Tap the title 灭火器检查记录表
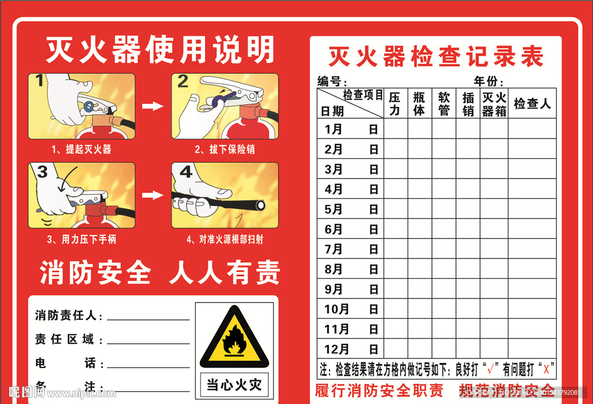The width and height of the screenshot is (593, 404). (x=435, y=57)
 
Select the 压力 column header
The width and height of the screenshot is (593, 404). (x=395, y=103)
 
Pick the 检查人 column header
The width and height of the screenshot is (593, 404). (x=532, y=104)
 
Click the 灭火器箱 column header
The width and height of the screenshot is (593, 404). (x=494, y=104)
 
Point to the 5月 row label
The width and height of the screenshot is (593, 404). (x=334, y=209)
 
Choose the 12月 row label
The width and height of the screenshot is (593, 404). (x=336, y=349)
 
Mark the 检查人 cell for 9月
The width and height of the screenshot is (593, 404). (x=532, y=289)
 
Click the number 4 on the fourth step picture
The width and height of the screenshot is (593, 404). (x=185, y=172)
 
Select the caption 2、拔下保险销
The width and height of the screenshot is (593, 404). (x=225, y=150)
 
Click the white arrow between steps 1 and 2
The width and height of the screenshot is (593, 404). (x=153, y=106)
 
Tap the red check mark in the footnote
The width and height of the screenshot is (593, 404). (x=492, y=368)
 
